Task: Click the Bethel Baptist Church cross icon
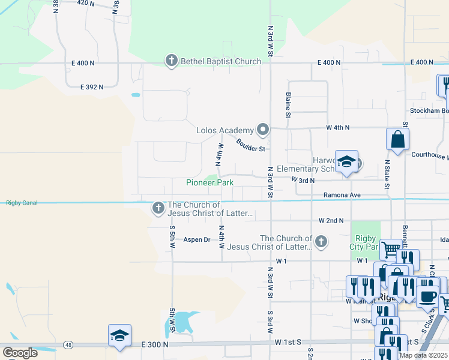171,61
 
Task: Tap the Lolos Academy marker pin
263,130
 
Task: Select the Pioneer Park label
209,182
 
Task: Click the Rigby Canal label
22,203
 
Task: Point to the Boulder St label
251,145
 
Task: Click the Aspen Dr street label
197,239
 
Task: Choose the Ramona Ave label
342,195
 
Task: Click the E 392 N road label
92,87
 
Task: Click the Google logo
20,352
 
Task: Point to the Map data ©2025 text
423,355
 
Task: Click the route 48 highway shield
70,345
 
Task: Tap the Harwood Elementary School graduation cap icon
346,162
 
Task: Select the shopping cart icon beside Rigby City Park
391,248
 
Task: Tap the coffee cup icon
427,296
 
